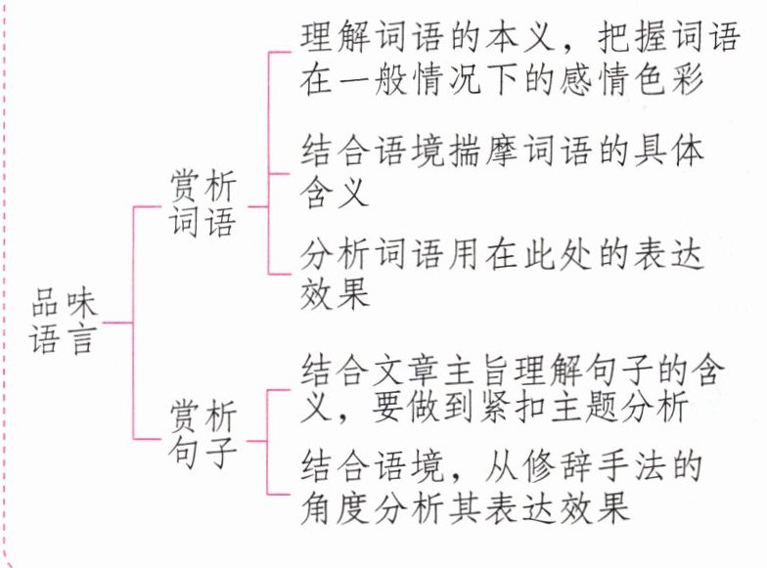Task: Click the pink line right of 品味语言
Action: click(116, 320)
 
